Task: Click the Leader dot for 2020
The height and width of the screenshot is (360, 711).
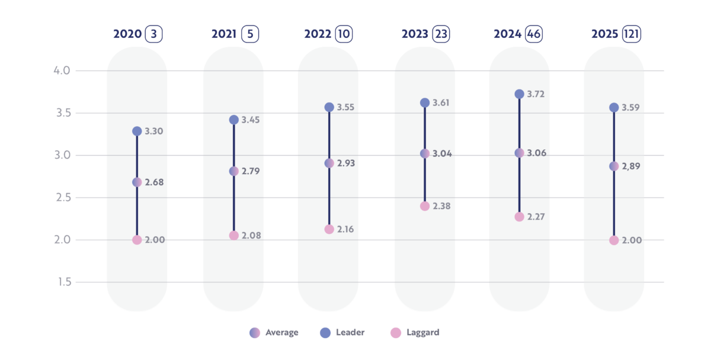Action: point(137,131)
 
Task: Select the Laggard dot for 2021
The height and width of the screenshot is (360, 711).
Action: point(234,236)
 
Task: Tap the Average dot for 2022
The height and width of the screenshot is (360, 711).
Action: point(329,163)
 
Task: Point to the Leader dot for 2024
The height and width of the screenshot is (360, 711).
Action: point(519,94)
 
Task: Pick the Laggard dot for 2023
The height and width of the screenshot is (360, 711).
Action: point(425,206)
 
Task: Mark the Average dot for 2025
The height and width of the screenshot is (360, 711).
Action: point(614,166)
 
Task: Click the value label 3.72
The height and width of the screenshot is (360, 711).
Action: point(536,95)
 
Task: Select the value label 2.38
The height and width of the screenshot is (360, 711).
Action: point(441,207)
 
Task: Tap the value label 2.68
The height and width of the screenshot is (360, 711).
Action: point(154,182)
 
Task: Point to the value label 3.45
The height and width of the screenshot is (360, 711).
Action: point(251,120)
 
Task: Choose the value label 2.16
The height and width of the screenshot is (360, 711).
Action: point(346,229)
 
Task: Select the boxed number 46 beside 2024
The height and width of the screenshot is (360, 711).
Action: point(534,34)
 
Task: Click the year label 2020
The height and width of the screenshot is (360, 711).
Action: point(127,34)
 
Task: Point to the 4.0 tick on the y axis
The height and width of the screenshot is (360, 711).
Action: point(62,71)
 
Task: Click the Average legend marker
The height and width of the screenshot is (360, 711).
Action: point(255,333)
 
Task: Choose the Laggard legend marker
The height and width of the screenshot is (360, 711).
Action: point(396,333)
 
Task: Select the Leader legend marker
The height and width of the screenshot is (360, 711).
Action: point(325,333)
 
